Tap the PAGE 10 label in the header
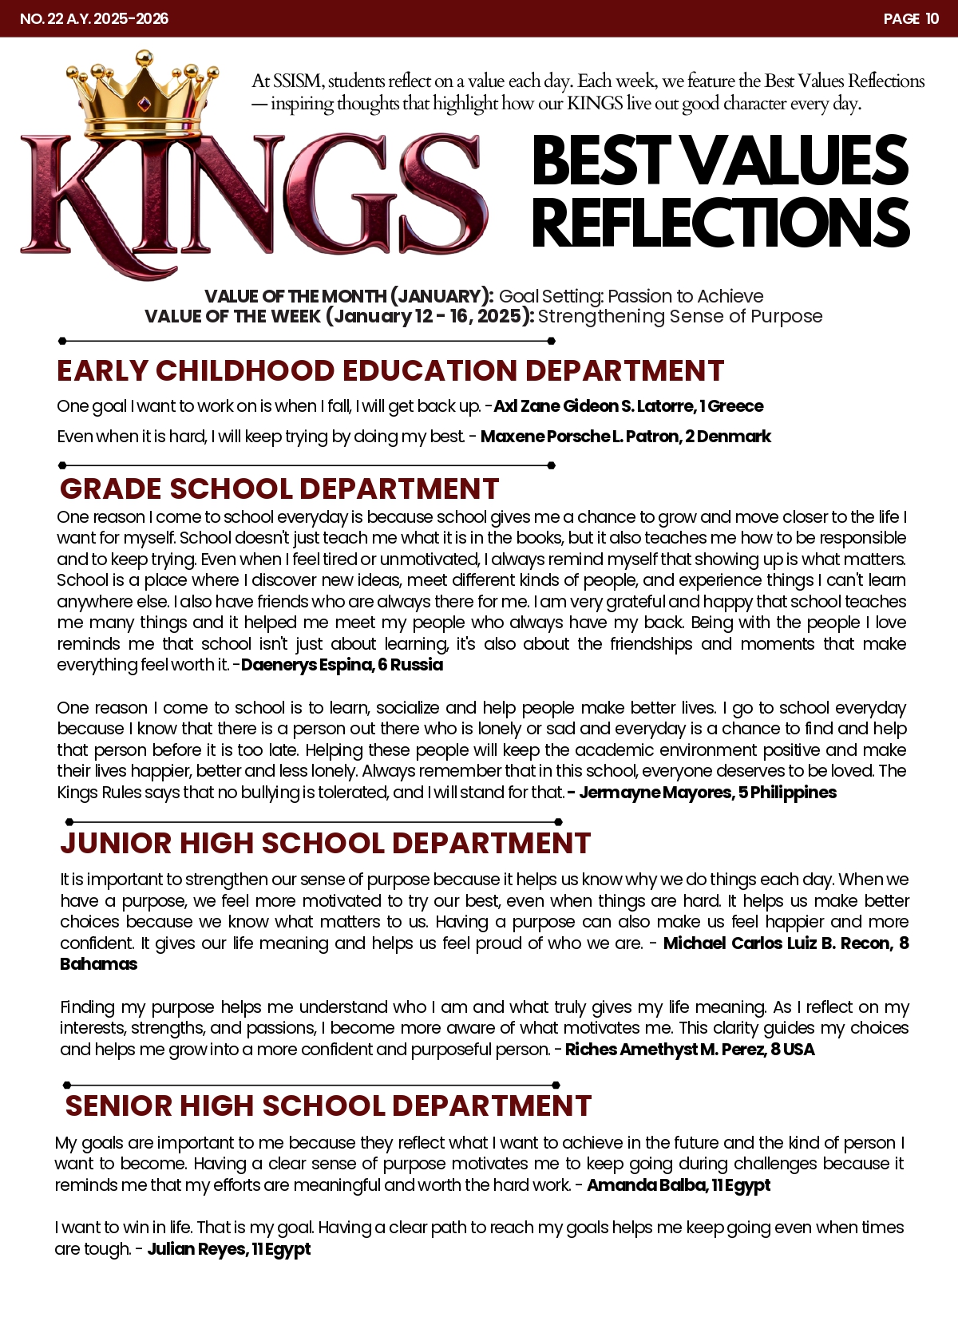click(911, 18)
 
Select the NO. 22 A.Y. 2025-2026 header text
click(94, 18)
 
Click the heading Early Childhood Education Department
click(390, 371)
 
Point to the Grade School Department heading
click(279, 488)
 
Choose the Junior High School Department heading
click(326, 843)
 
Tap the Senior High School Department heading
click(328, 1105)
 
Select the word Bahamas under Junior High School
click(99, 964)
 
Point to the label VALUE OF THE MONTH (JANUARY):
click(349, 296)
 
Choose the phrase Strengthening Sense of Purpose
click(680, 316)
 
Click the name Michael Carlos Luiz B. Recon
click(778, 943)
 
